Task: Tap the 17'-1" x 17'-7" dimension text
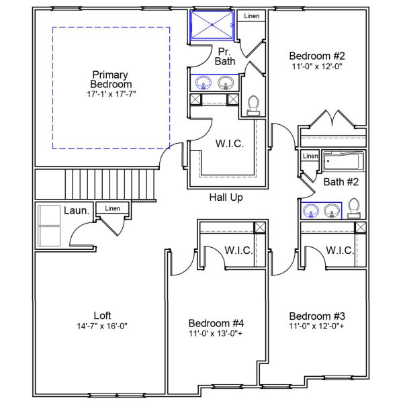(x=111, y=95)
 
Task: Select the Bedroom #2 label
(x=316, y=56)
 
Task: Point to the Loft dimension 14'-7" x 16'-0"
(x=102, y=326)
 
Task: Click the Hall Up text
(x=226, y=197)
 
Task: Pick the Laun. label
(x=77, y=211)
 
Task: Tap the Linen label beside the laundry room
(x=112, y=209)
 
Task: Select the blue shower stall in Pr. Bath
(x=212, y=26)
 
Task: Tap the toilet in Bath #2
(x=357, y=210)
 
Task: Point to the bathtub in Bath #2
(x=343, y=162)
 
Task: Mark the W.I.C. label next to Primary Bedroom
(x=230, y=144)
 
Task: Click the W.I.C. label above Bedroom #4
(x=238, y=251)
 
